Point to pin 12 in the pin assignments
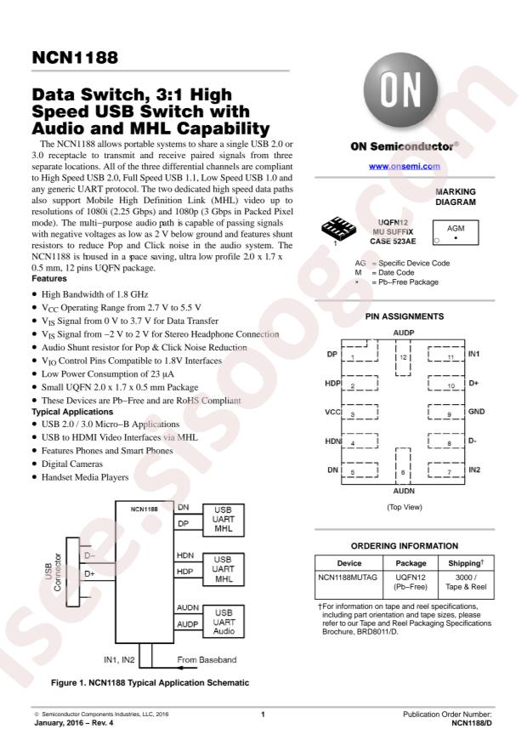point(403,357)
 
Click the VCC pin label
point(331,413)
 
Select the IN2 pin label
point(474,470)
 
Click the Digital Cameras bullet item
point(71,465)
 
